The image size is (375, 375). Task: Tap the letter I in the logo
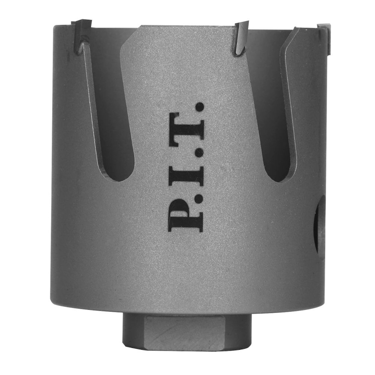tap(187, 176)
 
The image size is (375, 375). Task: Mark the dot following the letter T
tap(200, 106)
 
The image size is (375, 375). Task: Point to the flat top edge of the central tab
tap(187, 27)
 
